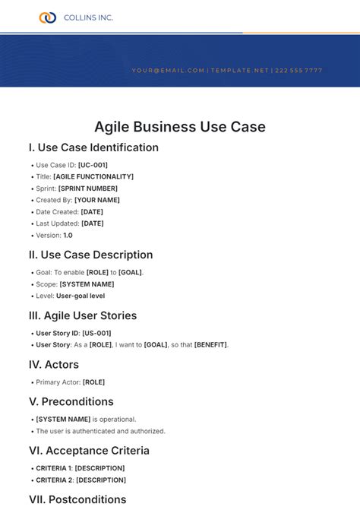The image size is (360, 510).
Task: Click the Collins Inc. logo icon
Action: [x=47, y=17]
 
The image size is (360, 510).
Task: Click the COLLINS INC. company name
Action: [x=88, y=17]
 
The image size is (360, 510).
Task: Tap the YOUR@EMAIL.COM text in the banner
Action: [x=169, y=71]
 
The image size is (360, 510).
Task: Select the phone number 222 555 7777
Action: [x=299, y=71]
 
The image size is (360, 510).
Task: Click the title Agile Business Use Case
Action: [x=180, y=127]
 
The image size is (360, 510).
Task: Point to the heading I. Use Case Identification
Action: [x=93, y=147]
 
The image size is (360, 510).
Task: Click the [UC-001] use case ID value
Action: [x=93, y=165]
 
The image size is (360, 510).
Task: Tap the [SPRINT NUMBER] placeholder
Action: [x=88, y=188]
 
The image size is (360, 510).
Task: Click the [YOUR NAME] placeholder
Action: [x=97, y=200]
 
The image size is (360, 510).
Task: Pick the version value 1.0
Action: [x=68, y=235]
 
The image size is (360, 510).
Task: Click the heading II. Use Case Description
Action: [x=90, y=255]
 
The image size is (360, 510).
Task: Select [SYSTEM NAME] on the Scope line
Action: [x=87, y=284]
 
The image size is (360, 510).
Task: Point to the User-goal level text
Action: [x=81, y=296]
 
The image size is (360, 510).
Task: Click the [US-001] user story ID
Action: [x=96, y=333]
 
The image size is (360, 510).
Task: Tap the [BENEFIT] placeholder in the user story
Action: [x=210, y=344]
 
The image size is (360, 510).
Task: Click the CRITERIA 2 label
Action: [x=53, y=480]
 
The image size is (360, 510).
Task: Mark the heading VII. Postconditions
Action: [x=77, y=499]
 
